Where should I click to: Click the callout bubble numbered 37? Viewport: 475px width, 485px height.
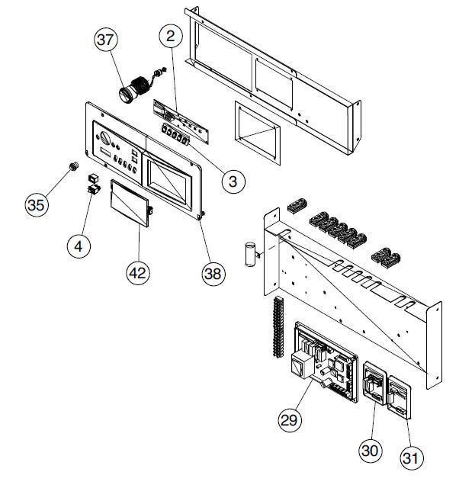[106, 40]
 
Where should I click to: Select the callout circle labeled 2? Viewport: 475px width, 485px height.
[171, 36]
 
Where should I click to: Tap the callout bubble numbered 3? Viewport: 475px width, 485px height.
[233, 181]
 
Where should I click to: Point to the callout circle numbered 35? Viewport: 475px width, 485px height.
[37, 205]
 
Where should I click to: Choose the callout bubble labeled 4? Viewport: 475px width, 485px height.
[79, 246]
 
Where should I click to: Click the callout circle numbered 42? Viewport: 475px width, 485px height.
[138, 273]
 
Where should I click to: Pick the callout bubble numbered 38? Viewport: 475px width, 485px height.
[213, 274]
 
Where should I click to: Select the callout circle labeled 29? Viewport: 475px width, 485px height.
[290, 420]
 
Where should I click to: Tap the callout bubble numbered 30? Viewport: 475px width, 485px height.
[371, 451]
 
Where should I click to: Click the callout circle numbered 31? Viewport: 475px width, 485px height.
[411, 458]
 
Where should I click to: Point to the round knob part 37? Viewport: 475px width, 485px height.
[126, 94]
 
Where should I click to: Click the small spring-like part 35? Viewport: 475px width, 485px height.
[74, 166]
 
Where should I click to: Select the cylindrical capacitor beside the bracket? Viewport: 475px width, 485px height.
[250, 254]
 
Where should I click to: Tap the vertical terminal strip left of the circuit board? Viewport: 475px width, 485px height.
[278, 327]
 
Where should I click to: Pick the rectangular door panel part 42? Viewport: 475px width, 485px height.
[130, 203]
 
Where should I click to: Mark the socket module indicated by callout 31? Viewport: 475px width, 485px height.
[400, 398]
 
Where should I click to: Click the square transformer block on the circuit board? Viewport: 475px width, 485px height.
[302, 365]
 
